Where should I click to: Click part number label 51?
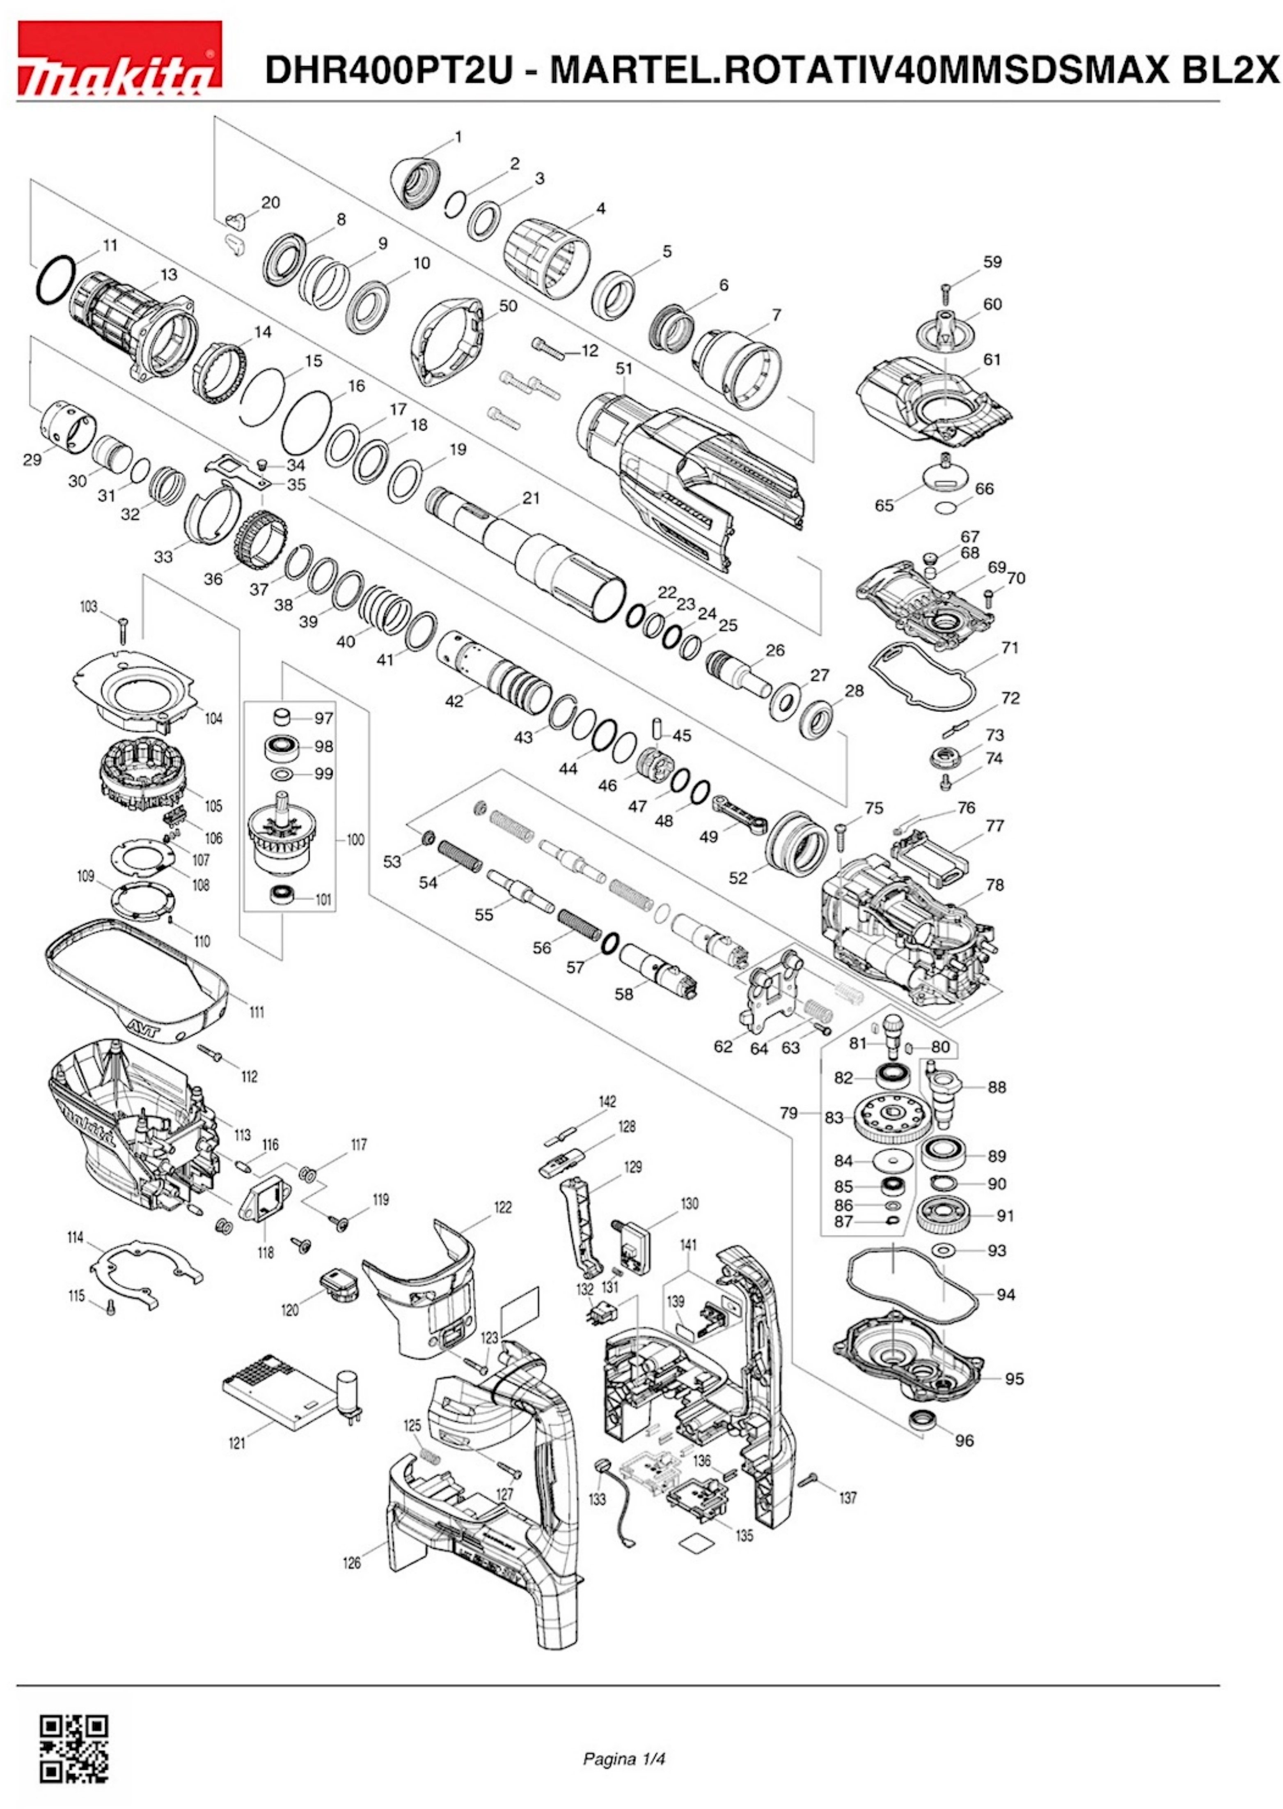pos(624,368)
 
